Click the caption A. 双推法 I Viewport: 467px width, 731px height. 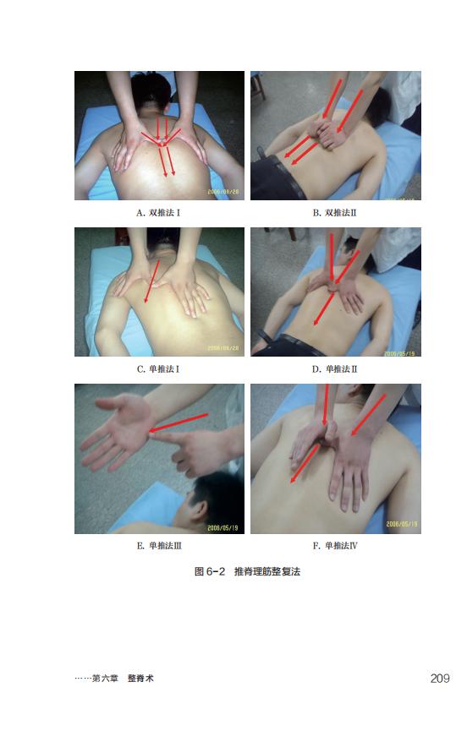tap(158, 213)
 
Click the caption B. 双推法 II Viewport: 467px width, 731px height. tap(334, 213)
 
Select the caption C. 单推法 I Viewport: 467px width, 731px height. tap(158, 368)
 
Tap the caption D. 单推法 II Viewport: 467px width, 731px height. tap(334, 368)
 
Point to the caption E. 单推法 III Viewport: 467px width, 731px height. tap(158, 545)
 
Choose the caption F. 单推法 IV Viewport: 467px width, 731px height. tap(335, 545)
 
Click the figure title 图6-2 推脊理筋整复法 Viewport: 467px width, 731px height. tap(247, 571)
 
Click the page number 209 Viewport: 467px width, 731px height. tap(440, 679)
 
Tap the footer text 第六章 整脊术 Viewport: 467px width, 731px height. tap(123, 679)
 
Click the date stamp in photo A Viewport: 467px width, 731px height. tap(223, 192)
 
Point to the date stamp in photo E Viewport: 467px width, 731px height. tap(223, 527)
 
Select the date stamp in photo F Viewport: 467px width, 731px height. tap(402, 524)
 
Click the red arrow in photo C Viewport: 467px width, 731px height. tap(152, 281)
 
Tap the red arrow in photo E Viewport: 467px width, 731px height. tap(179, 423)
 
